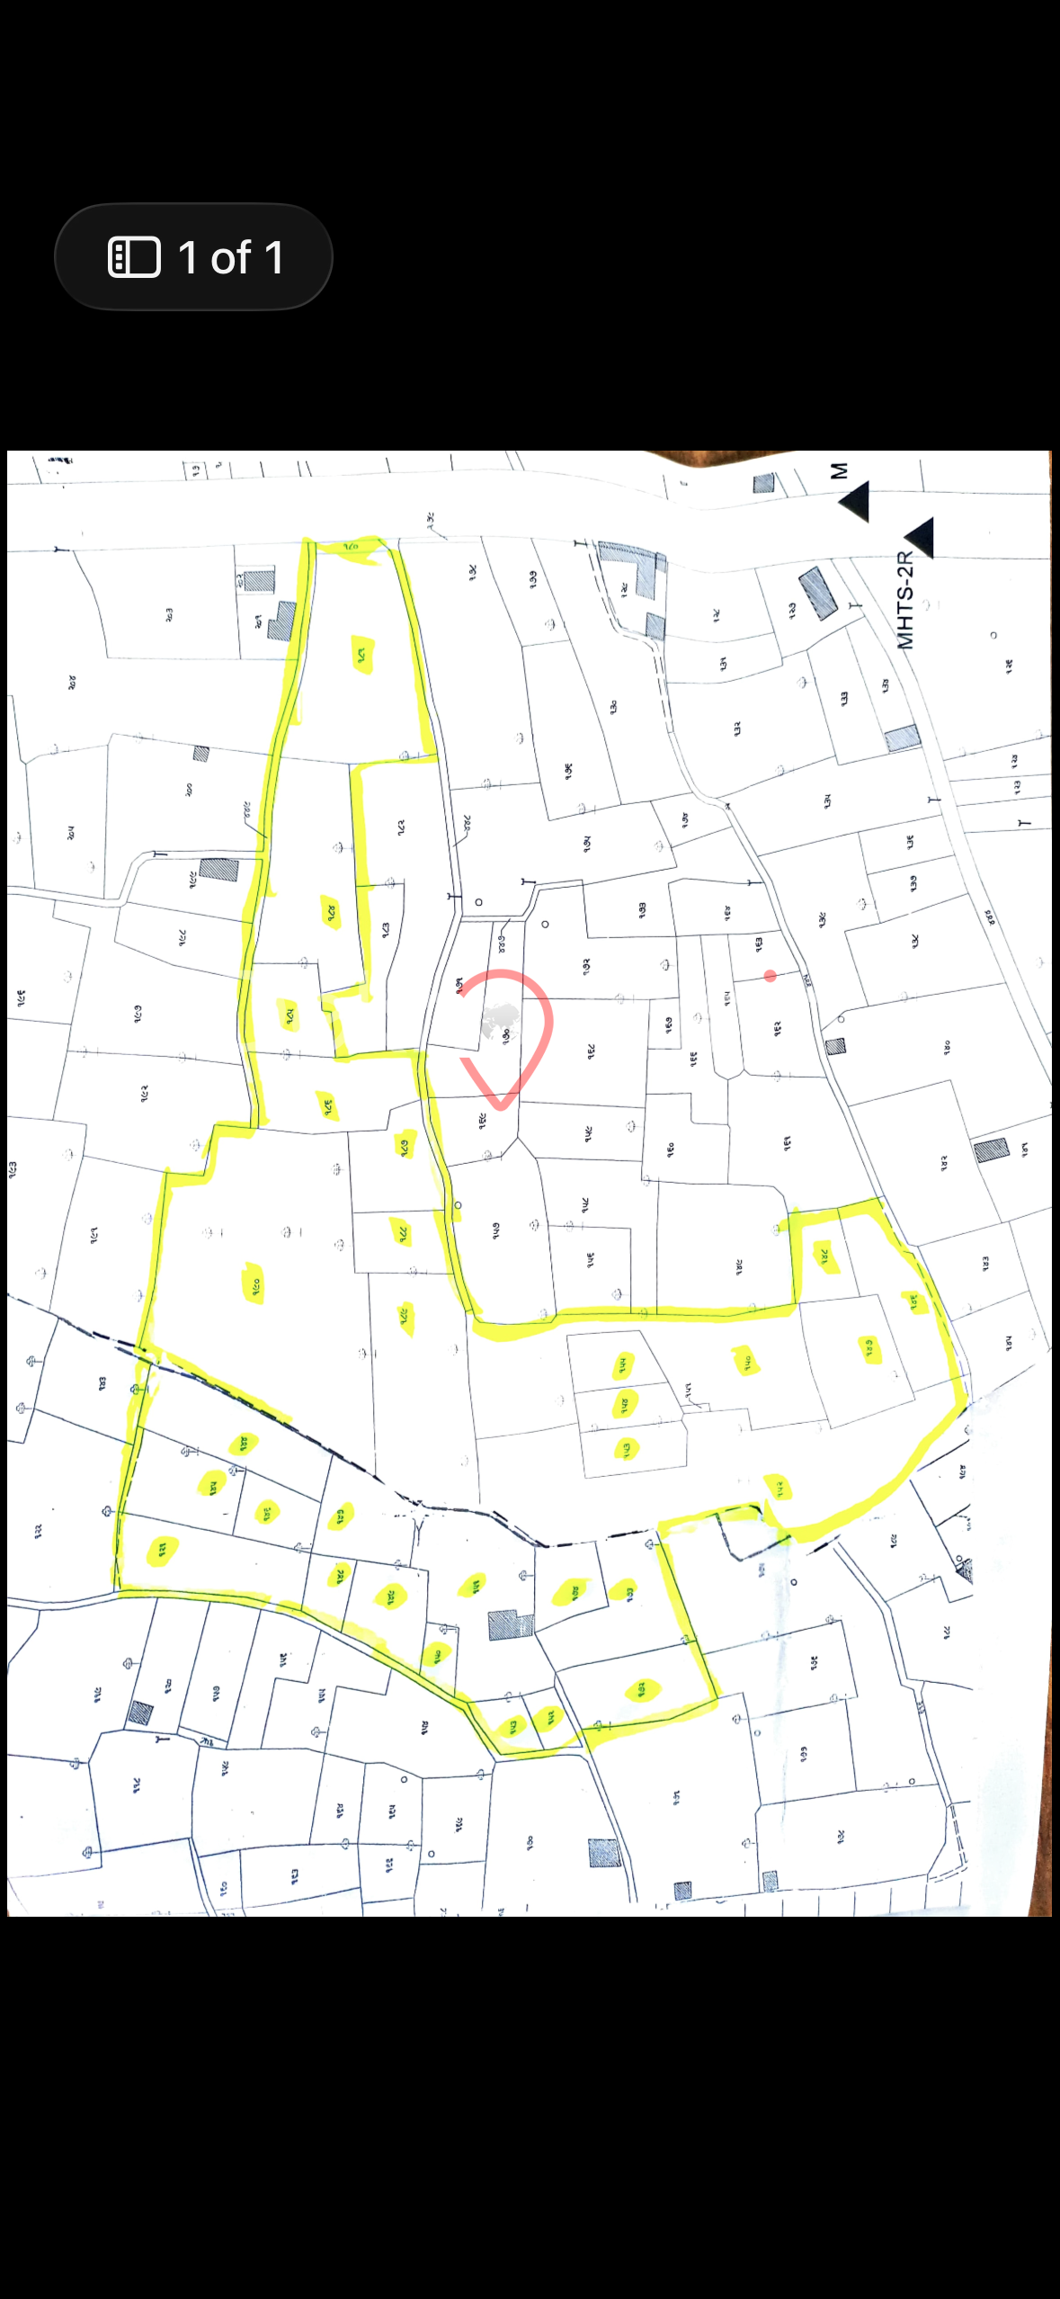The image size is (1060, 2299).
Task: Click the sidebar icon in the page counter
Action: click(134, 257)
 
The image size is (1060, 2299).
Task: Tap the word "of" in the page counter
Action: click(230, 258)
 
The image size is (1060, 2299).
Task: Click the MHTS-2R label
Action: click(905, 600)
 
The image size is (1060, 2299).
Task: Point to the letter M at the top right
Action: click(838, 471)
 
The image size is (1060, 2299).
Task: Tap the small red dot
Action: click(771, 976)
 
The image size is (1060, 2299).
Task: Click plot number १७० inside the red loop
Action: click(506, 1036)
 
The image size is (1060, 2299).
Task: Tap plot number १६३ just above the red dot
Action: click(759, 944)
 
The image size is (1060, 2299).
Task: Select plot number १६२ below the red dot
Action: click(777, 1028)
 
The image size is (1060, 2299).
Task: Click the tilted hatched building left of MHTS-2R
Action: click(818, 592)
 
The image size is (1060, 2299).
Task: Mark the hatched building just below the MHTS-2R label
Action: click(902, 738)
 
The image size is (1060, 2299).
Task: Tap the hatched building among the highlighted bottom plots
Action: click(511, 1624)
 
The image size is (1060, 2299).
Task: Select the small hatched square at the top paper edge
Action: click(763, 483)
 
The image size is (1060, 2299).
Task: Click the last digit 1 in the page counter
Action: click(273, 258)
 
